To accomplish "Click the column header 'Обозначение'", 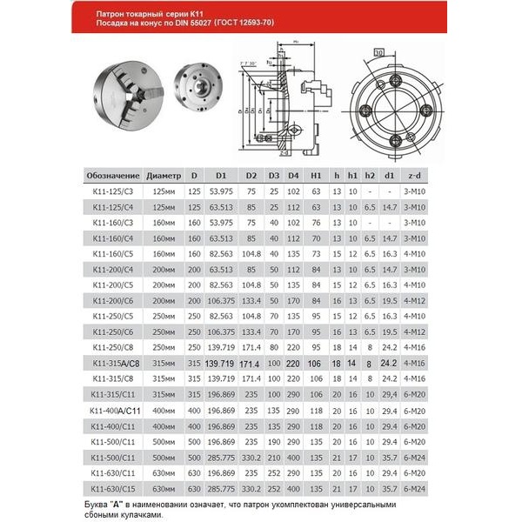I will (x=113, y=173).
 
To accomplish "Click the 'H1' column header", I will (x=317, y=173).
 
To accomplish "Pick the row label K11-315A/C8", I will (x=113, y=362).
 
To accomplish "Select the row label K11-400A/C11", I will (x=113, y=409).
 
